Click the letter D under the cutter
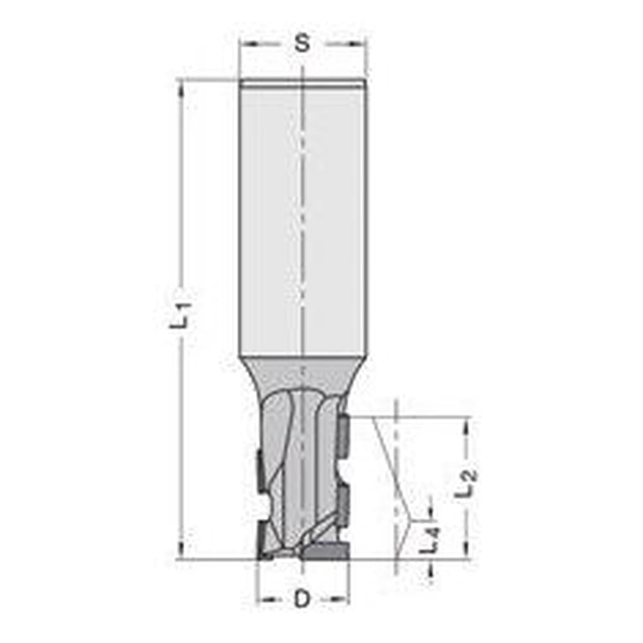pos(302,599)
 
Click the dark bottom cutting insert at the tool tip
pos(325,550)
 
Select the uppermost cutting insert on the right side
pos(343,437)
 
